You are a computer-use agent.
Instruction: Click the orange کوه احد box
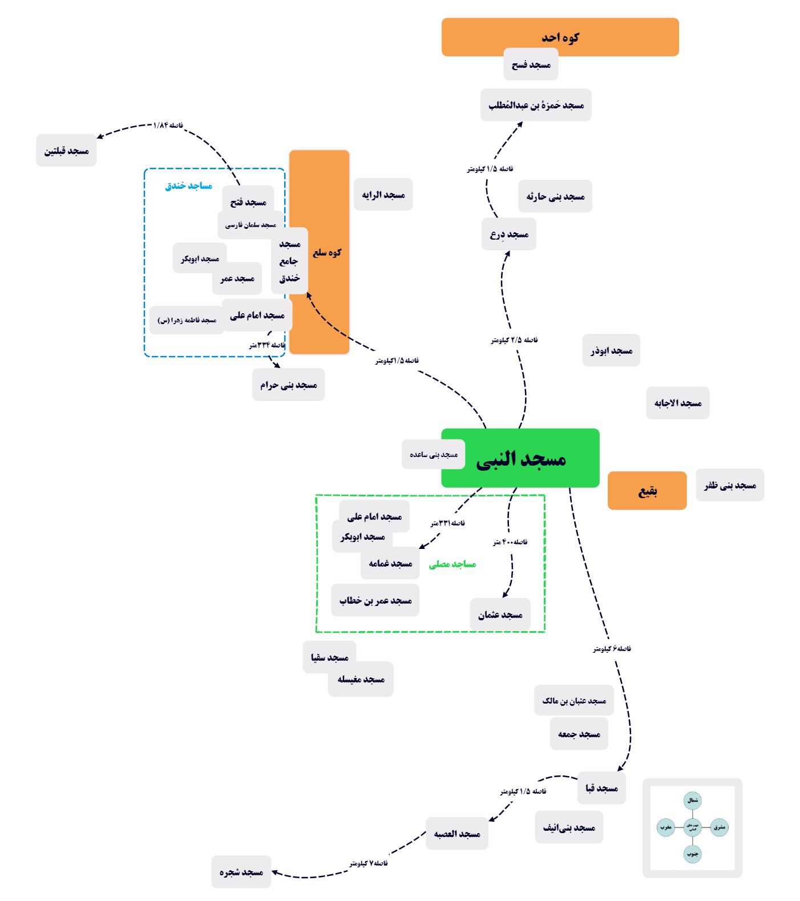[560, 37]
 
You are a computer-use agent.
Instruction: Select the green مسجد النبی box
[520, 458]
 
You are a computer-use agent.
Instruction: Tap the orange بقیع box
[647, 491]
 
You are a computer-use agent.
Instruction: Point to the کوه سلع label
[327, 252]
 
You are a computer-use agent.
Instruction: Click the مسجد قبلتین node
[66, 151]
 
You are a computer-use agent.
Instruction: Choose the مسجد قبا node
[601, 788]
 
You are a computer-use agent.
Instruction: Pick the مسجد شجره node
[241, 872]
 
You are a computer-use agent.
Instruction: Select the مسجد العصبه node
[457, 834]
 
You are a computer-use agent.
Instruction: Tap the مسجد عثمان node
[500, 615]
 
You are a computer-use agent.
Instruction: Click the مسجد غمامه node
[390, 563]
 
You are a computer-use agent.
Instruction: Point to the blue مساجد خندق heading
[188, 185]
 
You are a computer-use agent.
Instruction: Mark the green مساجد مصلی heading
[452, 564]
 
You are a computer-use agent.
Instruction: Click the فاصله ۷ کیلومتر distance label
[369, 863]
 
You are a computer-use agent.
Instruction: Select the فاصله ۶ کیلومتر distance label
[612, 649]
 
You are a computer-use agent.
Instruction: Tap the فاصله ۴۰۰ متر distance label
[510, 542]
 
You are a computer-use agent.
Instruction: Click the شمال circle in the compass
[693, 801]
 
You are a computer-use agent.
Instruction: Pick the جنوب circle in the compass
[693, 854]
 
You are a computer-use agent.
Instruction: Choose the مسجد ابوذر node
[611, 350]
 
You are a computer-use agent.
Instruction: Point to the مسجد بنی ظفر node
[730, 485]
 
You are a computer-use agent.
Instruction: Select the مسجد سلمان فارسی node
[250, 225]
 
